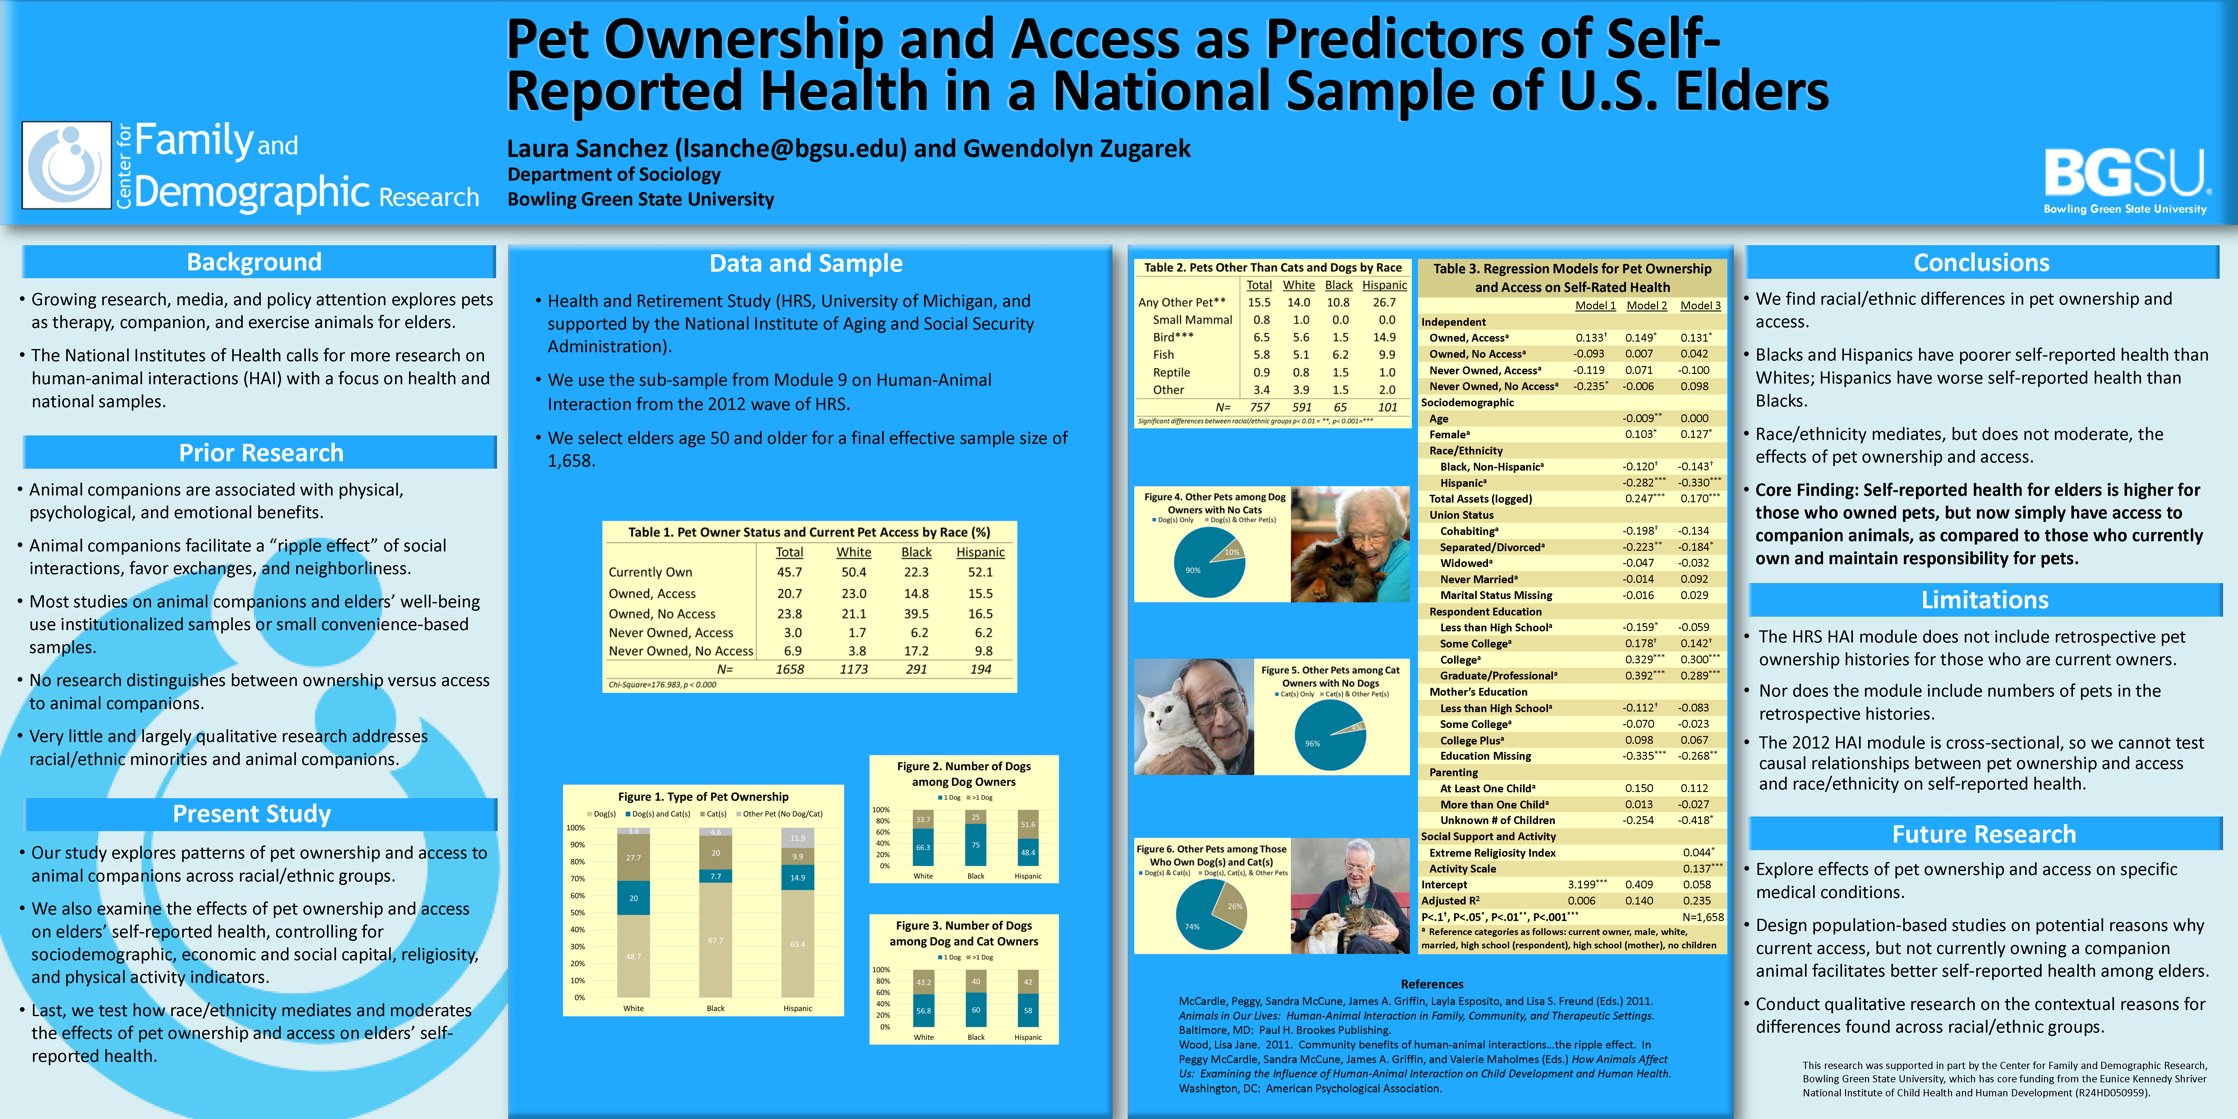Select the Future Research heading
1983,834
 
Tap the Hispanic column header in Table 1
980,553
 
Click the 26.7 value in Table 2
1384,302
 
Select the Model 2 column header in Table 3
1646,306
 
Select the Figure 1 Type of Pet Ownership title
703,797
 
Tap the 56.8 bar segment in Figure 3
923,1011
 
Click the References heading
1432,984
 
